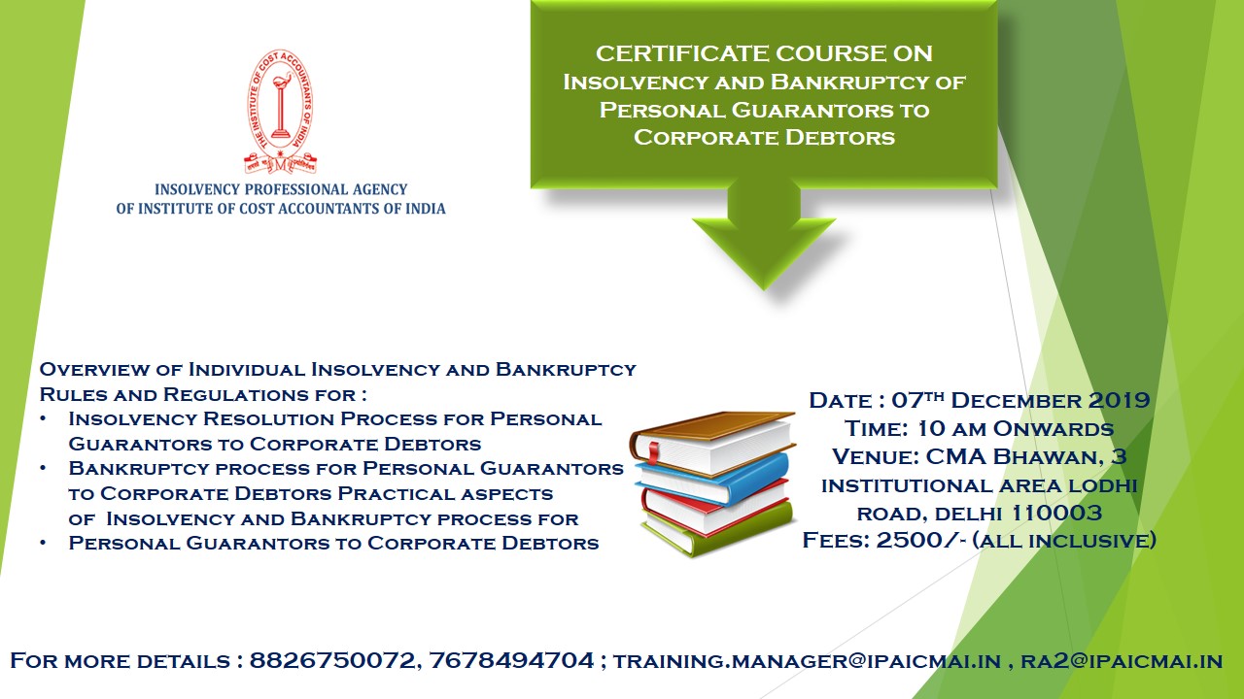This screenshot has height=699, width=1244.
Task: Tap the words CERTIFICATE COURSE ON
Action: coord(764,53)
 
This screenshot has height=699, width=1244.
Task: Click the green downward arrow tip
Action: coord(764,289)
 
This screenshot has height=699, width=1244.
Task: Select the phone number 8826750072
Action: coord(332,660)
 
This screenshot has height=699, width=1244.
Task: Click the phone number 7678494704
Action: coord(511,660)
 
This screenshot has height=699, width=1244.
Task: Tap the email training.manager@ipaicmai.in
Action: coord(807,661)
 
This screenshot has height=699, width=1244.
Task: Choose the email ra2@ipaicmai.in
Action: coord(1122,661)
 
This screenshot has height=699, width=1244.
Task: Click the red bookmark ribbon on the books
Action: coord(653,452)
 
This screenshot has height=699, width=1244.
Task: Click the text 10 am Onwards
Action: coord(1016,428)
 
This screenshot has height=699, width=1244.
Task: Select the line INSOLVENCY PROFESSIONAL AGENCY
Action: coord(281,189)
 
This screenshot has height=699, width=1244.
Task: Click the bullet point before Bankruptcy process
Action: coord(43,468)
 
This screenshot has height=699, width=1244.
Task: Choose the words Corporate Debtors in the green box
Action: coord(764,137)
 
